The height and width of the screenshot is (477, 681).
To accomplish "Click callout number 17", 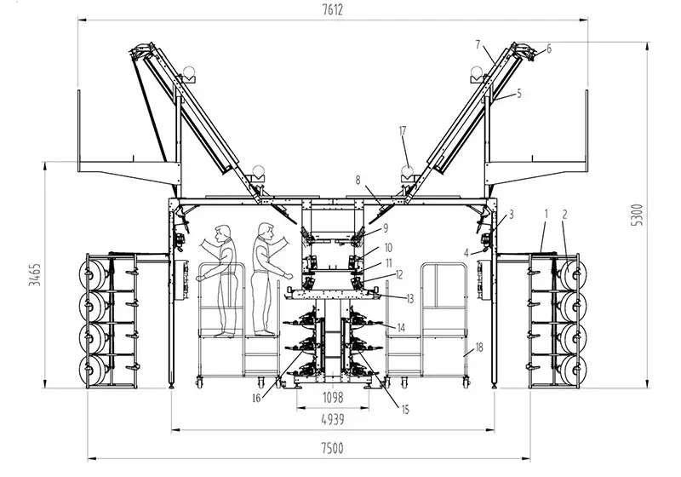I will pyautogui.click(x=403, y=130).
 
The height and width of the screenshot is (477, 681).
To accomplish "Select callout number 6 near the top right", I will pyautogui.click(x=548, y=49).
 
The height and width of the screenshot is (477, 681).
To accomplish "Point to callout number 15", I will pyautogui.click(x=405, y=410).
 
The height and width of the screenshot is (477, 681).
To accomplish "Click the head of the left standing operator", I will pyautogui.click(x=224, y=232).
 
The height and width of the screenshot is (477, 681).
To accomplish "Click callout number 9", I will pyautogui.click(x=384, y=227).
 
